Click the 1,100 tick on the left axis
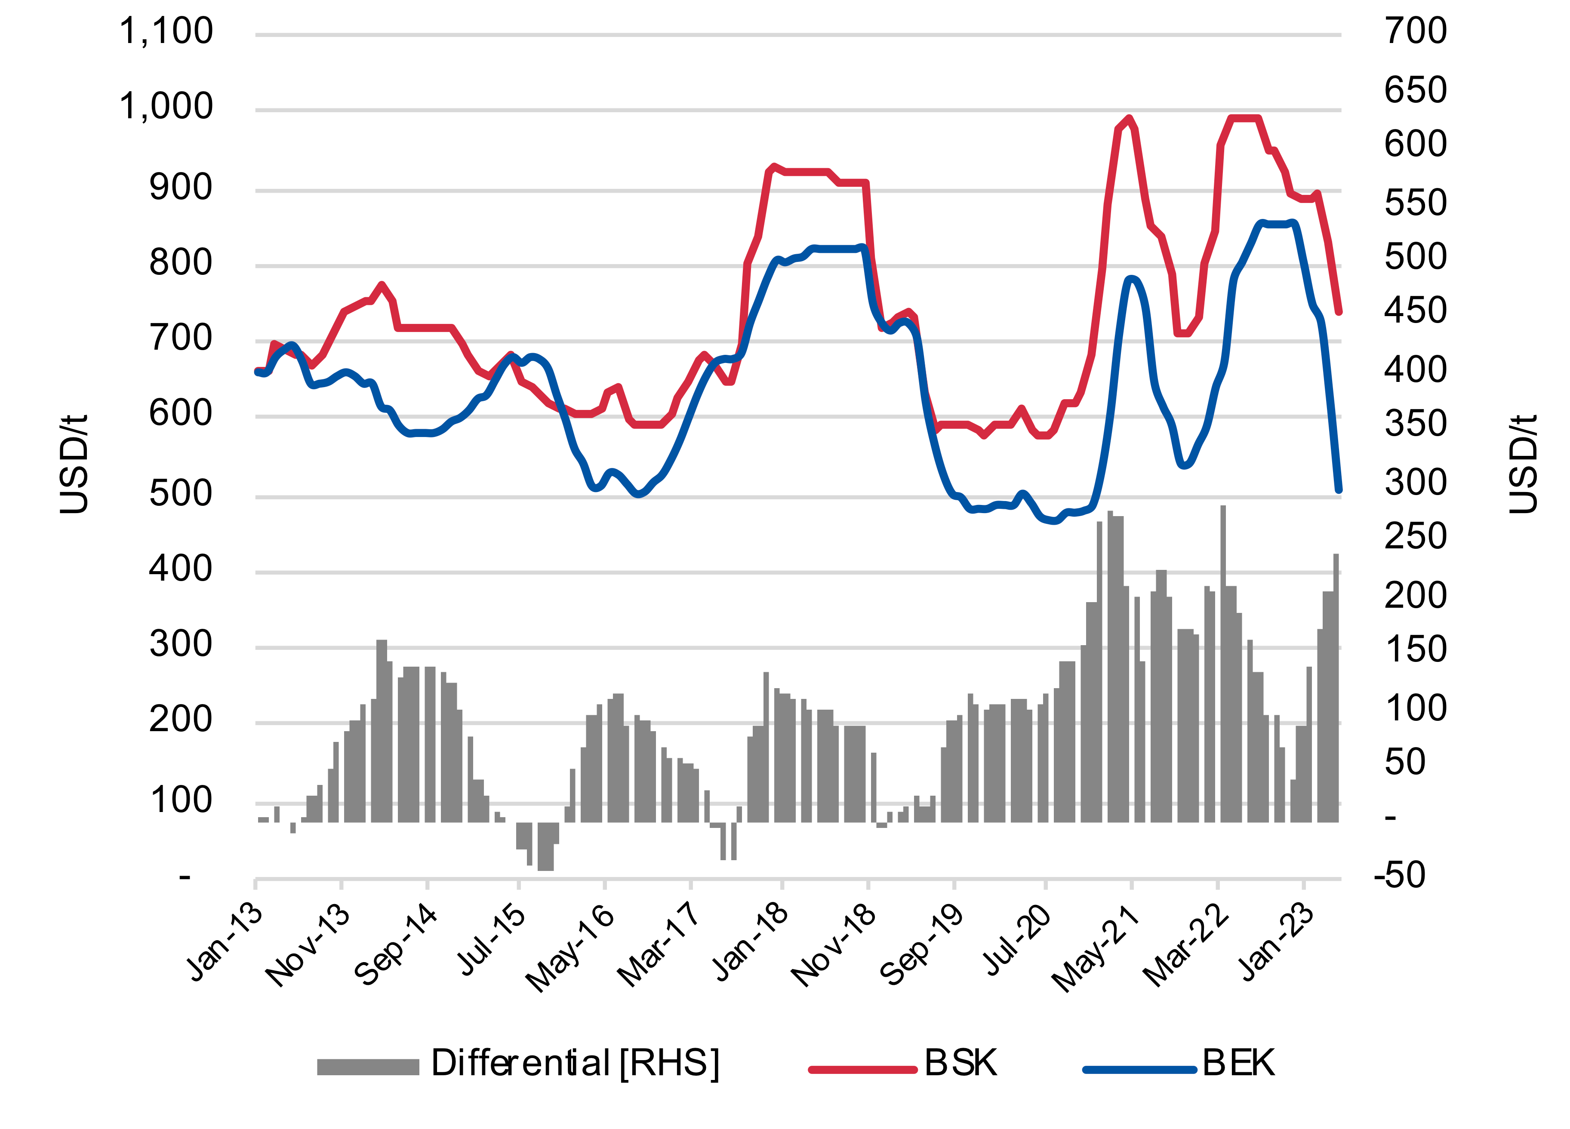(166, 32)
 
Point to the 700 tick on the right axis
(1415, 32)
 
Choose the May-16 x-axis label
(570, 948)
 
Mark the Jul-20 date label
(1016, 943)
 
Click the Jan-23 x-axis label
(1277, 943)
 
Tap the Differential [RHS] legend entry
(575, 1062)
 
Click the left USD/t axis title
(74, 464)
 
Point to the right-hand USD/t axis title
(1523, 464)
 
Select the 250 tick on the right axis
(1415, 536)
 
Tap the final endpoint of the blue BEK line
(1338, 489)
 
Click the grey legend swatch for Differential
(368, 1067)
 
